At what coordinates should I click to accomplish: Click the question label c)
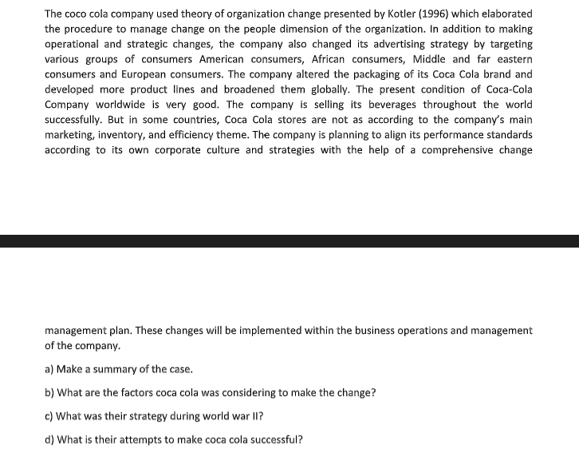pos(49,416)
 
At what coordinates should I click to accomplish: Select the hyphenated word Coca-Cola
pos(506,89)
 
